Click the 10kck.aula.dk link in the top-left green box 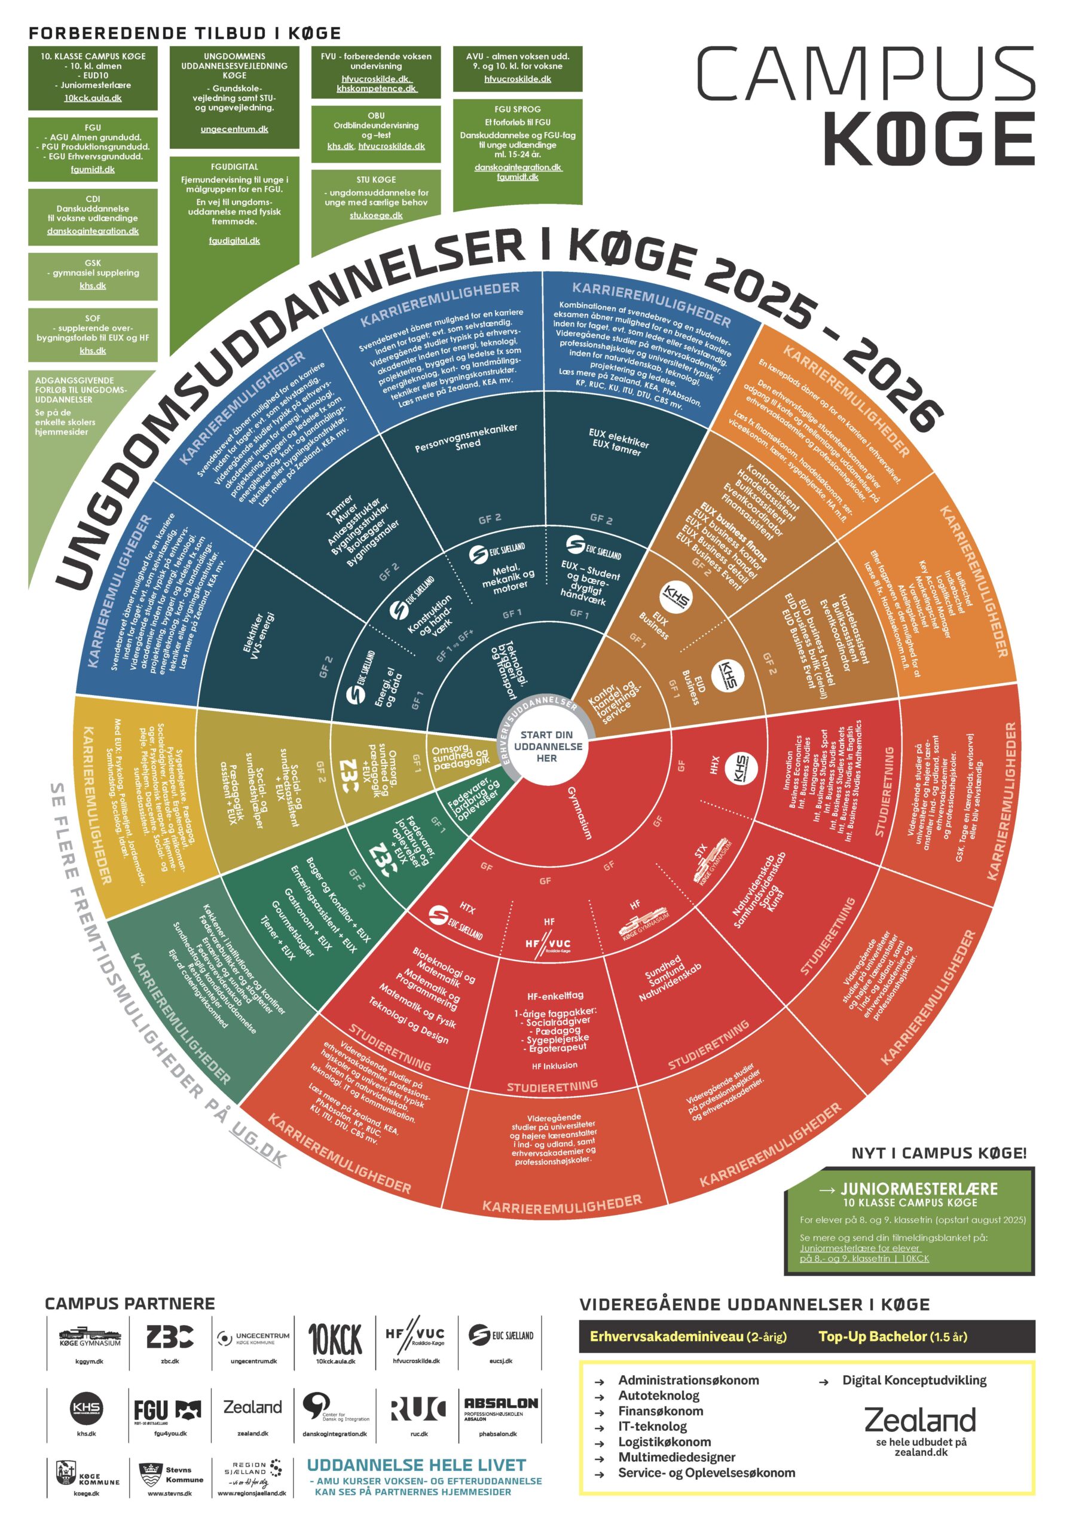(93, 98)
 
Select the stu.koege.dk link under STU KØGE (376, 215)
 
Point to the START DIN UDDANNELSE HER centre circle (548, 746)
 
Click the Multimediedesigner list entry (676, 1457)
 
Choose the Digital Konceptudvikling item (914, 1380)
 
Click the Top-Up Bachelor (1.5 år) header (892, 1336)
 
